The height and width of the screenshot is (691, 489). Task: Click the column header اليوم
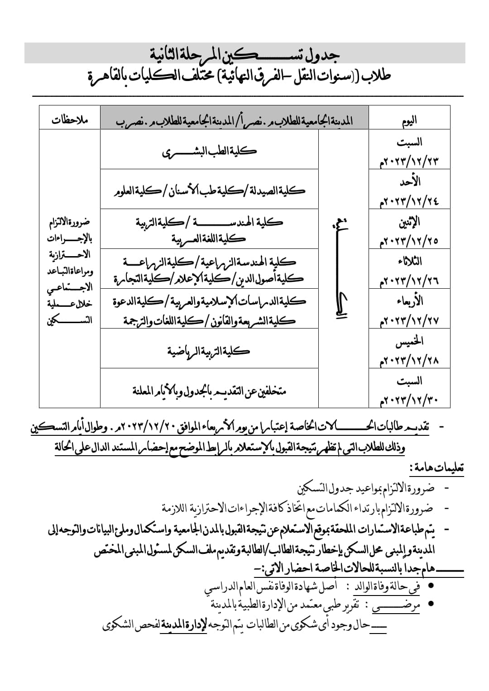point(409,120)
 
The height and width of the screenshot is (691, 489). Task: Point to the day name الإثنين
point(409,222)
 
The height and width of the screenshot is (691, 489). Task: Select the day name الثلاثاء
point(408,262)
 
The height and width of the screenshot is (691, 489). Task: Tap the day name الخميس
point(409,342)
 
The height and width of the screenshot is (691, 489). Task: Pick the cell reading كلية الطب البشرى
point(209,151)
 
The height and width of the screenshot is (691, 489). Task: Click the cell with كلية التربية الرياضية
point(209,351)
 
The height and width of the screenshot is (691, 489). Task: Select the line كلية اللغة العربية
point(209,238)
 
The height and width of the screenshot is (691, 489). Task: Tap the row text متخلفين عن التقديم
point(209,390)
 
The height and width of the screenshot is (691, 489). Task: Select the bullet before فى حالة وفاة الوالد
point(431,586)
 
